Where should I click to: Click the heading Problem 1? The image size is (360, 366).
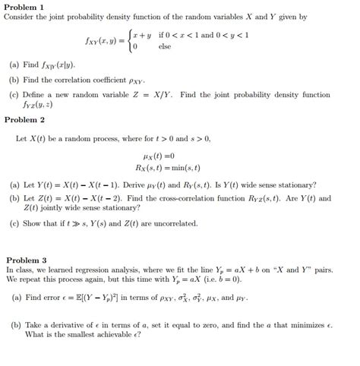tap(24, 6)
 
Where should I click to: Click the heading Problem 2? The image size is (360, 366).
tap(24, 120)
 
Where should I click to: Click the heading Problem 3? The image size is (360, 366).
tap(24, 259)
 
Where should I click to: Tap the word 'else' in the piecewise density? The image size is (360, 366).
tap(165, 46)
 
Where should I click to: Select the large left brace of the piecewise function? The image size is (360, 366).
tap(127, 40)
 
